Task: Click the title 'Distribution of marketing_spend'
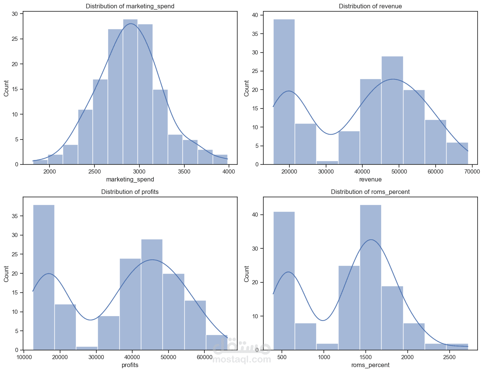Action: click(130, 6)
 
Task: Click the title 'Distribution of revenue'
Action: click(370, 6)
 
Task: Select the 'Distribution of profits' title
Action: click(130, 192)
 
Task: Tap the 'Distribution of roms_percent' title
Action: click(370, 192)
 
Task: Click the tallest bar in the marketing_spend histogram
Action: click(130, 91)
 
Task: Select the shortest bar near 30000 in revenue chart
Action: click(327, 163)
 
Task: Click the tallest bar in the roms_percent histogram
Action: click(370, 276)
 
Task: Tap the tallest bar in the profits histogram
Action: click(44, 276)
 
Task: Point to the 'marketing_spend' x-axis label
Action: click(130, 179)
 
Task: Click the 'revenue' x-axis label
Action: click(370, 179)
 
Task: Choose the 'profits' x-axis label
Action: click(130, 365)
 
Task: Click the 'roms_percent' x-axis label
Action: click(370, 365)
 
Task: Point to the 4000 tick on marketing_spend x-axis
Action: click(229, 171)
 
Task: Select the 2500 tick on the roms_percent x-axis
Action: click(449, 357)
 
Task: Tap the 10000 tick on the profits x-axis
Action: click(24, 357)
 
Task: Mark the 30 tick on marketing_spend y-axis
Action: click(15, 14)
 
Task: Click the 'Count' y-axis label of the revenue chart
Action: click(246, 88)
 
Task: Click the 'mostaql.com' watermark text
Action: click(242, 359)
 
